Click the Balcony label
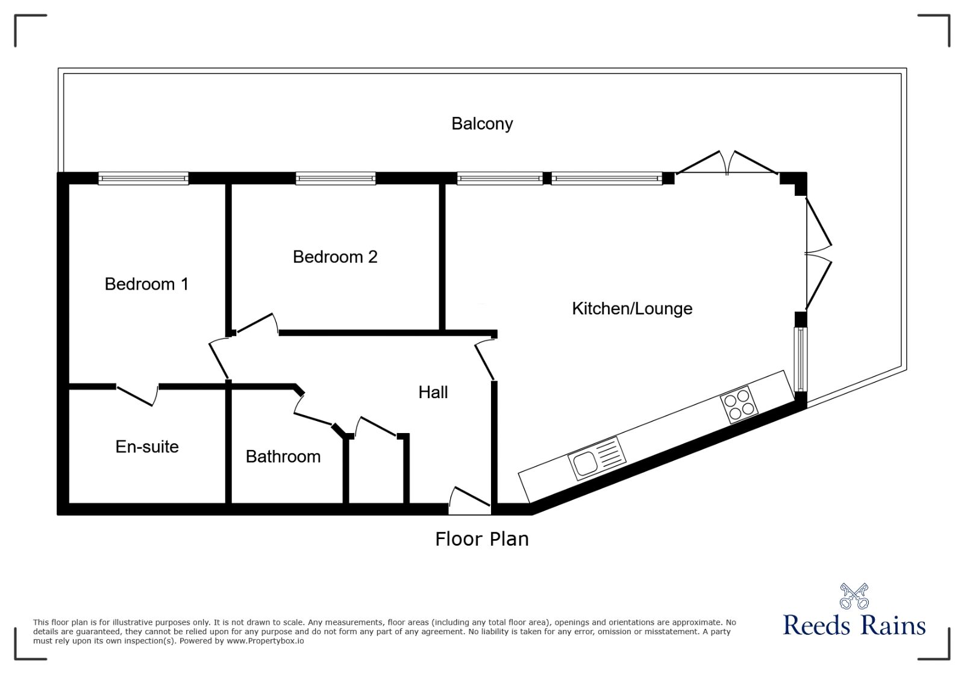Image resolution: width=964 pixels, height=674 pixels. click(x=482, y=123)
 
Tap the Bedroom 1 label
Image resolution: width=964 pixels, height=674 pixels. click(x=146, y=284)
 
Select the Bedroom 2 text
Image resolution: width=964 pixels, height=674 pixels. click(x=335, y=257)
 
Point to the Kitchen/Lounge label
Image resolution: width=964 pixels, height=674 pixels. click(x=632, y=308)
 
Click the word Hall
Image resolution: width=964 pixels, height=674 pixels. click(x=433, y=392)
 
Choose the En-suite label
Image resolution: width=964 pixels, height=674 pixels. click(x=147, y=446)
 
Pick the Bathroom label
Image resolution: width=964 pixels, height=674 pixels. click(x=283, y=457)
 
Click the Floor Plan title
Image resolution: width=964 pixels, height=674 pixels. click(x=482, y=538)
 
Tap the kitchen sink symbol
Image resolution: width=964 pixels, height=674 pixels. click(x=596, y=458)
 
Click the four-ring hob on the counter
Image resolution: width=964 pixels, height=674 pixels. click(x=739, y=404)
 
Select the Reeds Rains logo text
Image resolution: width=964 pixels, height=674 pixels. click(x=854, y=626)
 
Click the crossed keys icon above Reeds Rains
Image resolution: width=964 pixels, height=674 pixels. click(x=854, y=596)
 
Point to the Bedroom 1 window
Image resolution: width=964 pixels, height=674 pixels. click(x=143, y=178)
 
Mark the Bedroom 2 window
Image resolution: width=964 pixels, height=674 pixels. click(x=336, y=178)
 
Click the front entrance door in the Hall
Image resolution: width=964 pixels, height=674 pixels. click(x=470, y=501)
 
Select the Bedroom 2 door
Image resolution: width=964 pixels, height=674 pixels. click(x=257, y=323)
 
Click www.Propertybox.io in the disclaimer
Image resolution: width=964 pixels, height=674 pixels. click(x=265, y=641)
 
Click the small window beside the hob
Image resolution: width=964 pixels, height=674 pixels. click(x=801, y=360)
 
